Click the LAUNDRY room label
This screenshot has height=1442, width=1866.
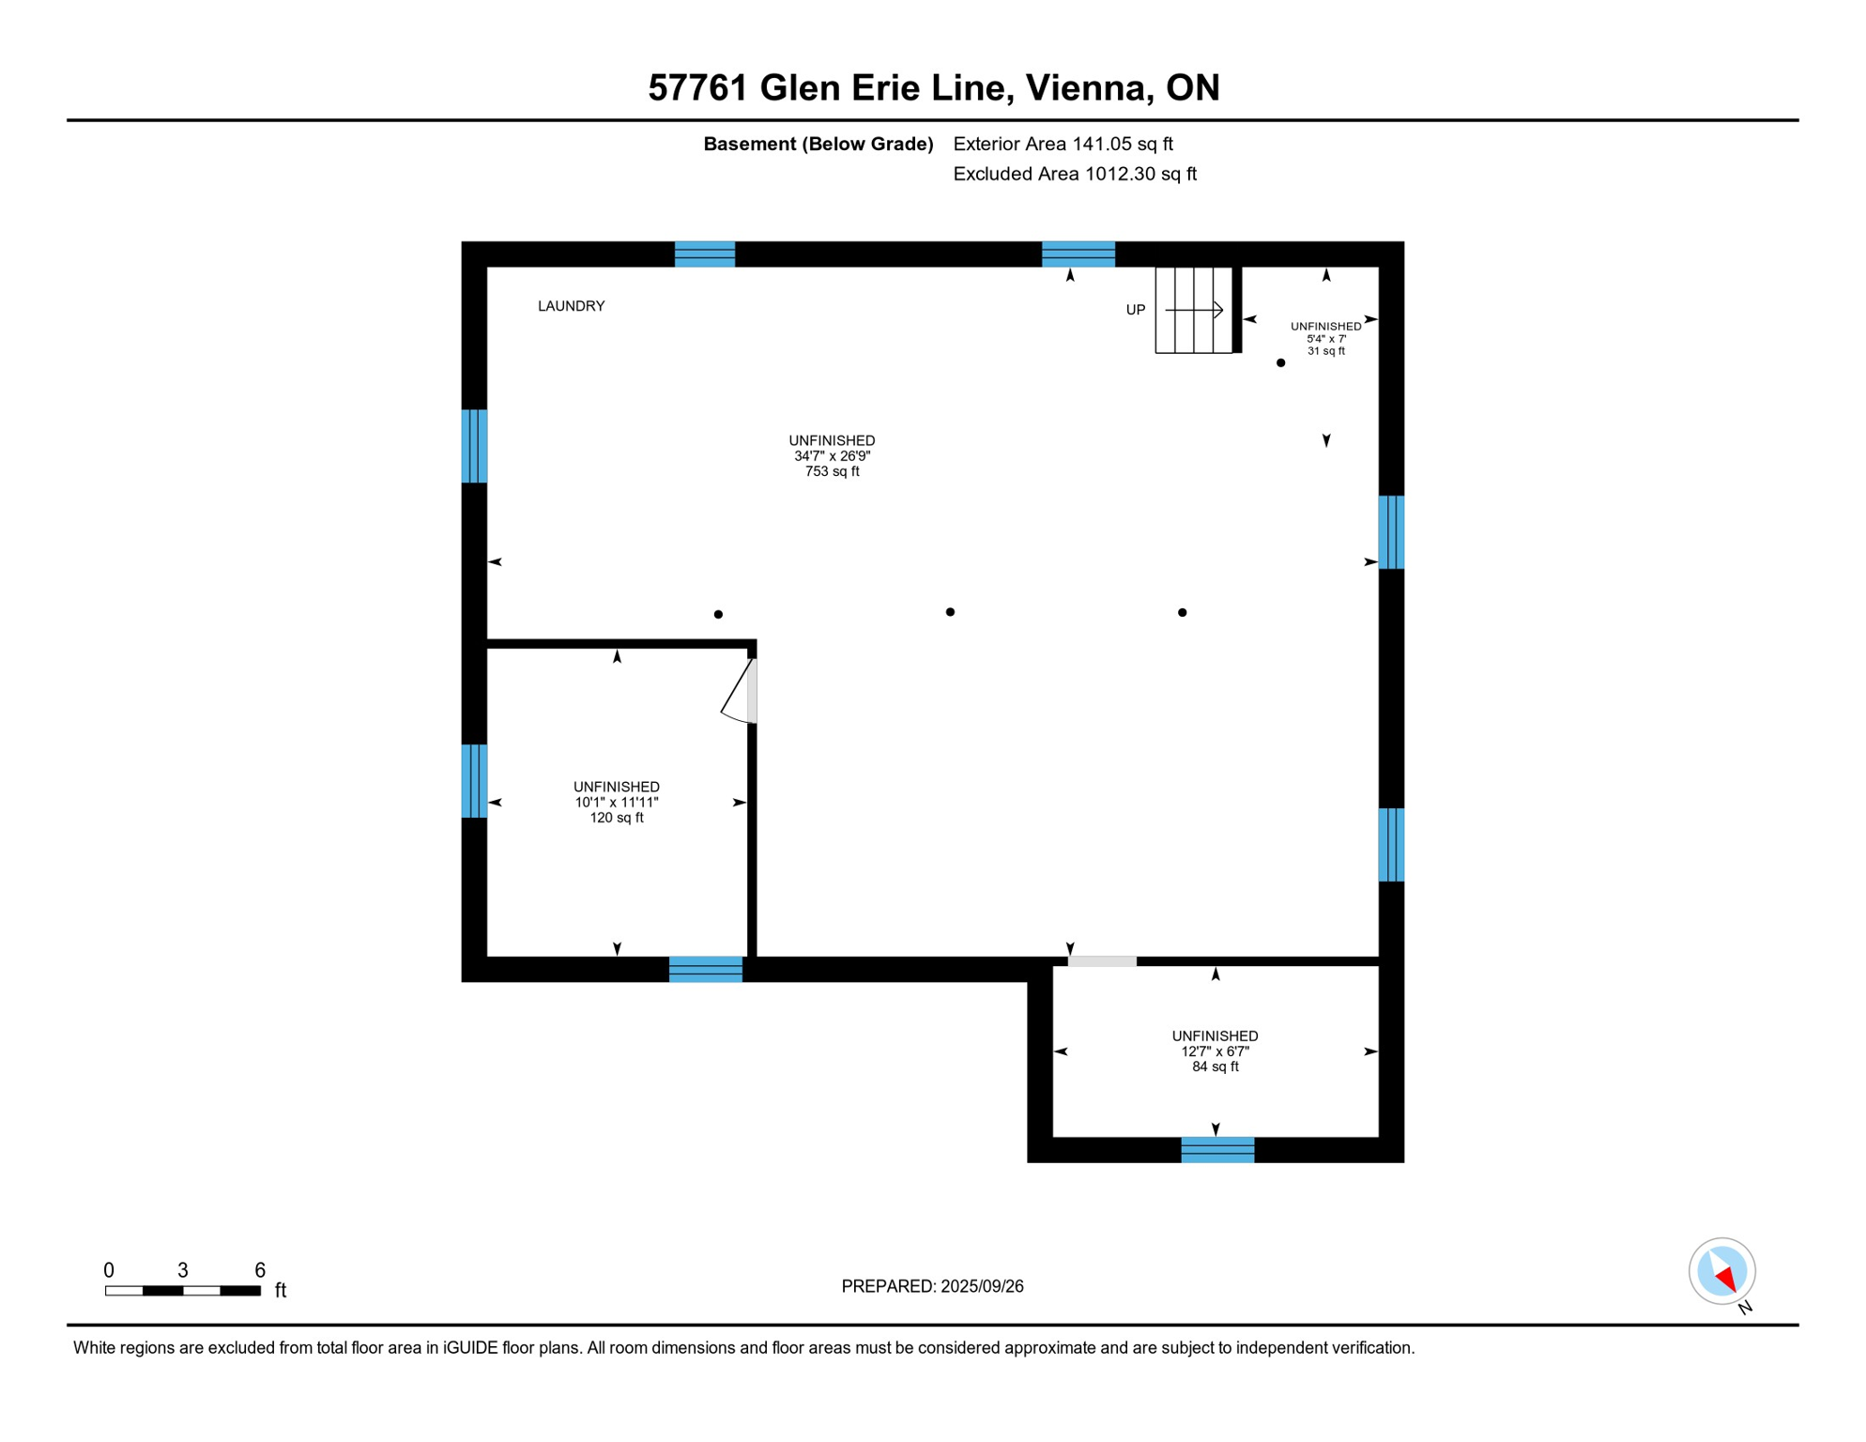[x=571, y=306]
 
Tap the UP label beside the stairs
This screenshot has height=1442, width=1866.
[x=1135, y=310]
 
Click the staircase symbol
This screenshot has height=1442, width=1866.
[x=1193, y=310]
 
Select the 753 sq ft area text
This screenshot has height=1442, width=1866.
[x=832, y=471]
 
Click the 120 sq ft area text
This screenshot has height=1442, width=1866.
[x=616, y=818]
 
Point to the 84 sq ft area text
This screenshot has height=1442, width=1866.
[x=1215, y=1066]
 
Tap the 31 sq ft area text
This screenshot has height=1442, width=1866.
[x=1325, y=351]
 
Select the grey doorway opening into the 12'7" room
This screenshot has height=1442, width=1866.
[x=1102, y=961]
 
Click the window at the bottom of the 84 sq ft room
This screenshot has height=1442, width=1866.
[x=1216, y=1149]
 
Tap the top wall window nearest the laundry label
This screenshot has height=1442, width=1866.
[x=704, y=254]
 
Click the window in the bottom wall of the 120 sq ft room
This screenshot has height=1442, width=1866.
[x=705, y=969]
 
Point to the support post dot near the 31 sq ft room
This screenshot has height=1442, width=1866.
[x=1280, y=362]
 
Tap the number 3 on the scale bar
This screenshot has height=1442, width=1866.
[x=183, y=1270]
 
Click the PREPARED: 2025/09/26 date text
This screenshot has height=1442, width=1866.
[x=932, y=1286]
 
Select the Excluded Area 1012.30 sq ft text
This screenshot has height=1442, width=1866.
[x=1074, y=174]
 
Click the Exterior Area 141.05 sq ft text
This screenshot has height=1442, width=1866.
[x=1063, y=144]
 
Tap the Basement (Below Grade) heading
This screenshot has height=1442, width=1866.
[x=818, y=144]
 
